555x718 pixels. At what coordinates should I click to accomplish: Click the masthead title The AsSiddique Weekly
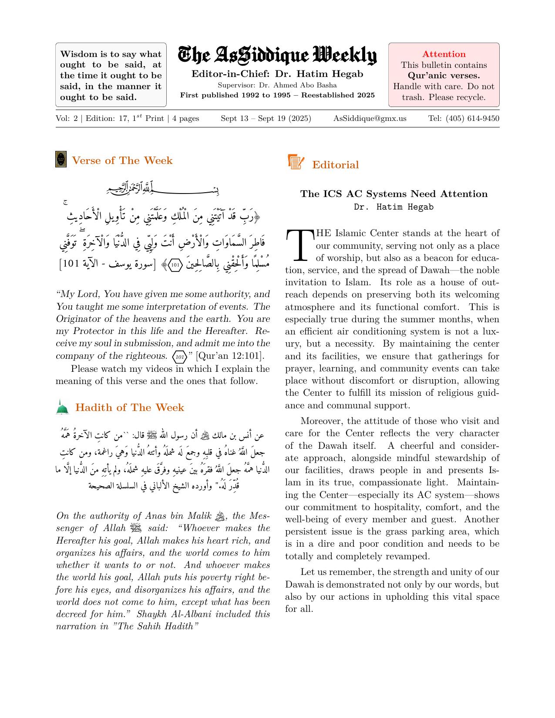[277, 56]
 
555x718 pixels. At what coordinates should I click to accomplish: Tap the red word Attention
[444, 54]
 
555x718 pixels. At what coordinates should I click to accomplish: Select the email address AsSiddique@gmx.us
[370, 118]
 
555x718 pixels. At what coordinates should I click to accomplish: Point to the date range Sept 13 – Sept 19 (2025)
[266, 118]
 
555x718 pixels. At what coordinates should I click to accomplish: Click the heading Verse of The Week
[122, 160]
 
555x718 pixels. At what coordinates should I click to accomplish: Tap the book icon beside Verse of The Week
[61, 159]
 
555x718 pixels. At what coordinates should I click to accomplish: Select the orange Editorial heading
[335, 165]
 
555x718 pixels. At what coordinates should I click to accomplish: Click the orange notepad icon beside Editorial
[296, 162]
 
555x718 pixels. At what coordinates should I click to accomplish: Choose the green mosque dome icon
[63, 407]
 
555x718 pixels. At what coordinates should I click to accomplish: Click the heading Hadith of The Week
[130, 407]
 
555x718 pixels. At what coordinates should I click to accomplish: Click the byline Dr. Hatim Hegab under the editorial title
[394, 207]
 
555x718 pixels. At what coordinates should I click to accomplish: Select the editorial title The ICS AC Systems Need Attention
[394, 194]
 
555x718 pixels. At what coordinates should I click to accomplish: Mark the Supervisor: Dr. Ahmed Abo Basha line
[277, 85]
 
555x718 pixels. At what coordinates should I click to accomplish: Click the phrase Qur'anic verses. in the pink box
[444, 76]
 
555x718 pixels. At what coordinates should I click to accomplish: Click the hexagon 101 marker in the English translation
[180, 357]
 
